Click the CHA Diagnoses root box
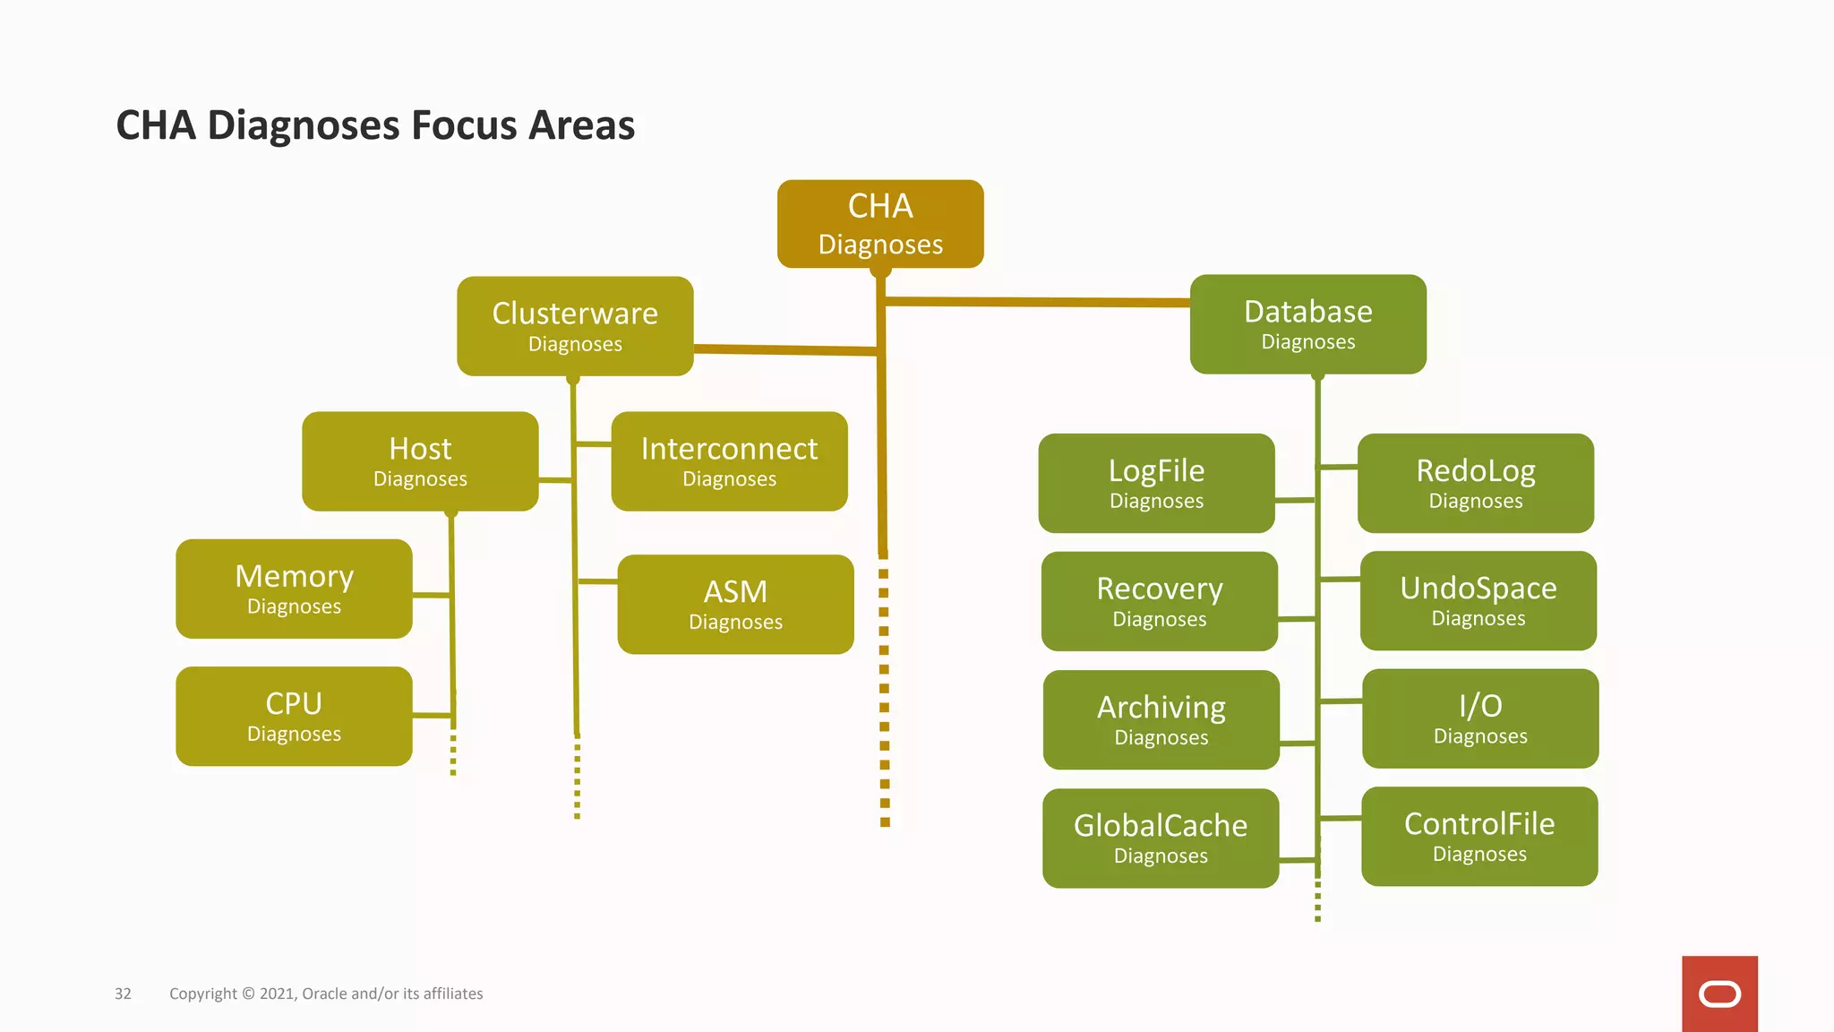point(880,224)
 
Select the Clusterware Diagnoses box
point(575,326)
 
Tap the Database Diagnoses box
point(1307,324)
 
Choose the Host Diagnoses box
point(420,461)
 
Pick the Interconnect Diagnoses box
point(729,461)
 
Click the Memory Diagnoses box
point(294,589)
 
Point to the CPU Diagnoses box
point(294,716)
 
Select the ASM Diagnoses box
point(735,604)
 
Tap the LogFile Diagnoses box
point(1156,483)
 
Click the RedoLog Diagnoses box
point(1475,483)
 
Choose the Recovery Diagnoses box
point(1159,601)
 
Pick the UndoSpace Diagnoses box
point(1478,600)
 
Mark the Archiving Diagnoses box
point(1161,719)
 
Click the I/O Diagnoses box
point(1479,718)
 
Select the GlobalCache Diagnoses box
point(1161,838)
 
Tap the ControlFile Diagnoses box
point(1479,836)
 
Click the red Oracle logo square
point(1719,993)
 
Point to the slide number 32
point(123,993)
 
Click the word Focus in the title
point(464,125)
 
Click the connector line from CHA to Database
point(1039,303)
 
